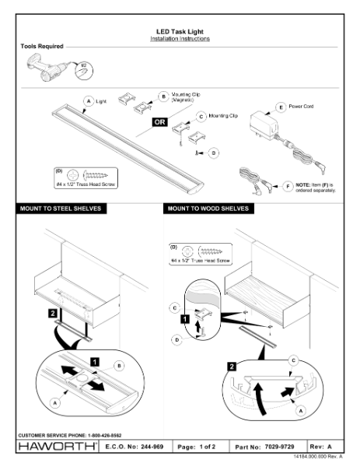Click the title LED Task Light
180,32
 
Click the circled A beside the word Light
89,101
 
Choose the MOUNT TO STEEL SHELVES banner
59,209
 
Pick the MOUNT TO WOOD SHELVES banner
208,209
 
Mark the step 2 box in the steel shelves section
53,312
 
